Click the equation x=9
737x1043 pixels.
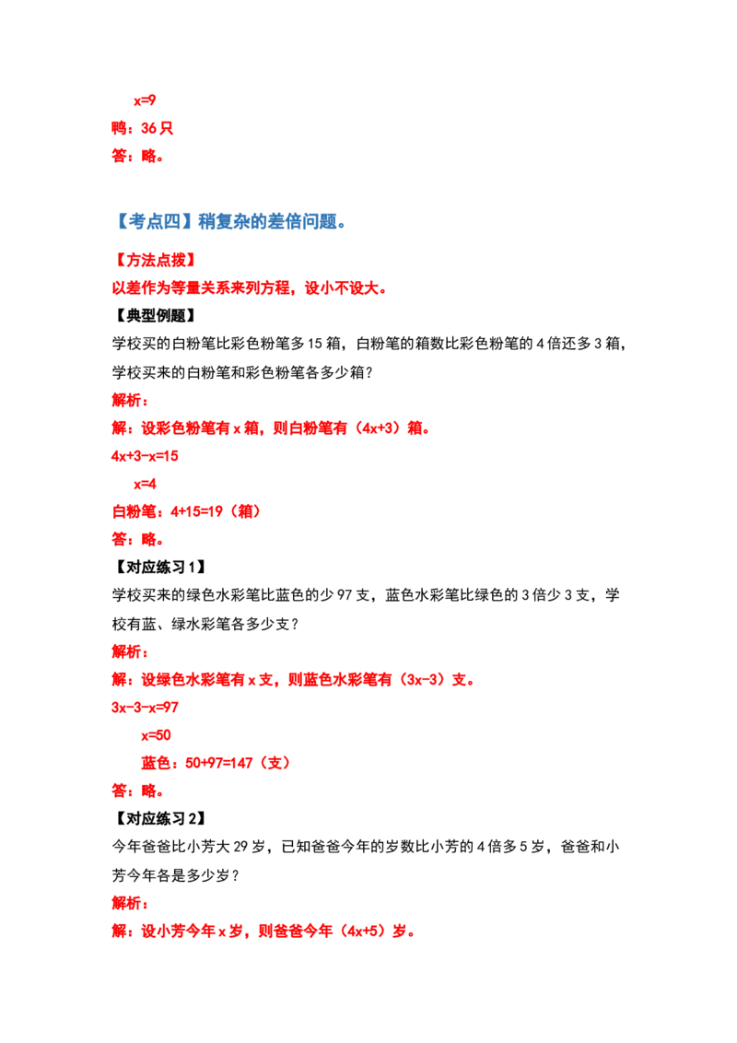[145, 100]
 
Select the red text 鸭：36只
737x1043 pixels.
[143, 128]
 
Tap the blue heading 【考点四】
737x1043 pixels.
[154, 221]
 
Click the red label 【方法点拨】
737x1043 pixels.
[156, 260]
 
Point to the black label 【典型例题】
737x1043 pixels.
[156, 316]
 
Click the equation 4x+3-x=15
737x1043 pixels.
[145, 456]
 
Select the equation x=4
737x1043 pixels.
[145, 485]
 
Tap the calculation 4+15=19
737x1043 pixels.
[196, 511]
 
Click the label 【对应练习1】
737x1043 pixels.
[159, 568]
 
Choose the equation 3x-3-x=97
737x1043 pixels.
[145, 708]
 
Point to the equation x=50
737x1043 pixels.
[156, 735]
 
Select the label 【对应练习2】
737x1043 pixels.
[159, 819]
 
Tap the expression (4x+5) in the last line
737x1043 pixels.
[365, 932]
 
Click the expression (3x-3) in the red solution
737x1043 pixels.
[423, 680]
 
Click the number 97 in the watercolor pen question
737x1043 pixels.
[344, 595]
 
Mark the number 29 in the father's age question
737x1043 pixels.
[240, 847]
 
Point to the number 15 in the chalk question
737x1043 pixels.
[315, 344]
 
